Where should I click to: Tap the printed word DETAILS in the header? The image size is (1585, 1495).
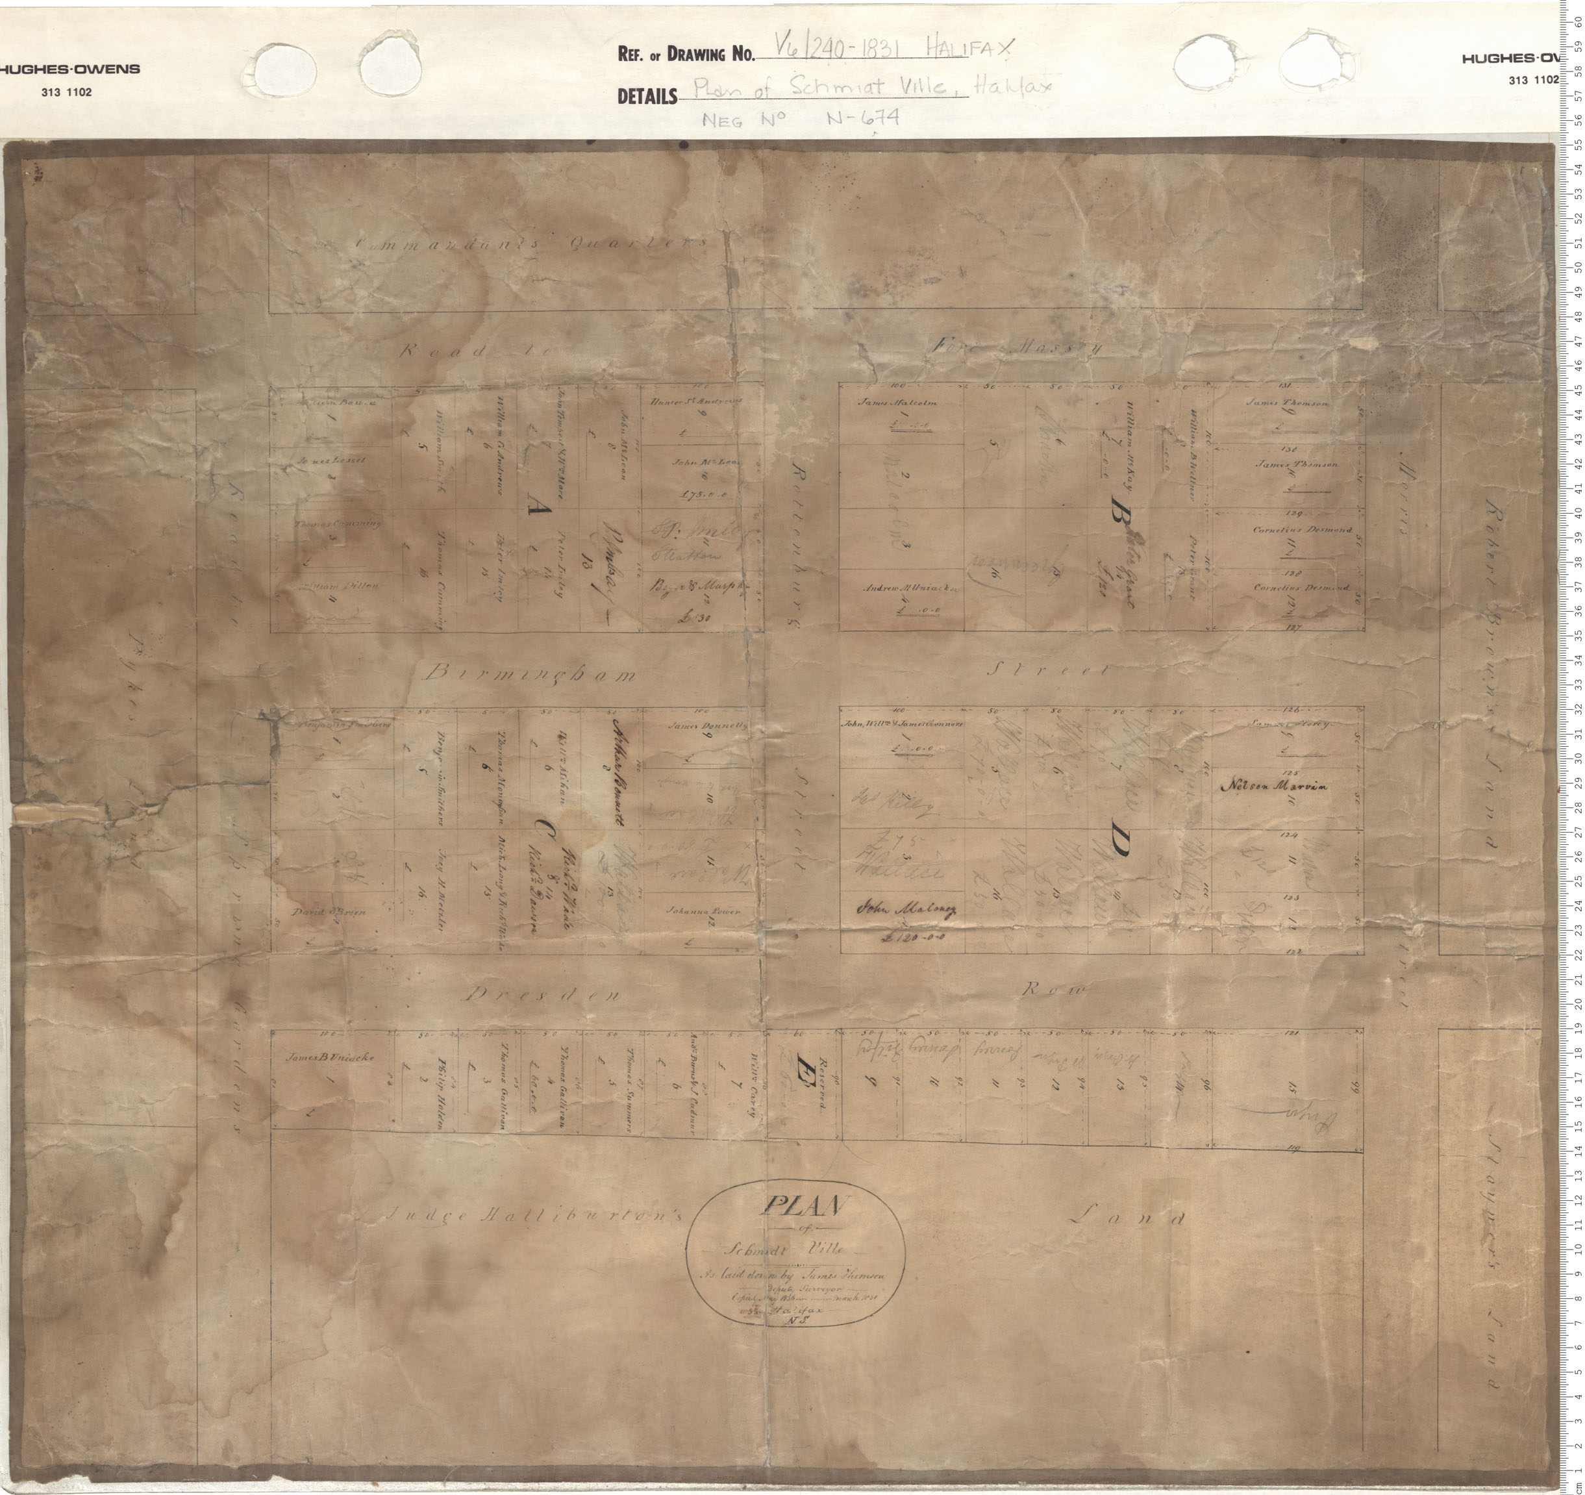tap(647, 97)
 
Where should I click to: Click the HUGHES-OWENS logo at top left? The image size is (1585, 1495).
tap(70, 69)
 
